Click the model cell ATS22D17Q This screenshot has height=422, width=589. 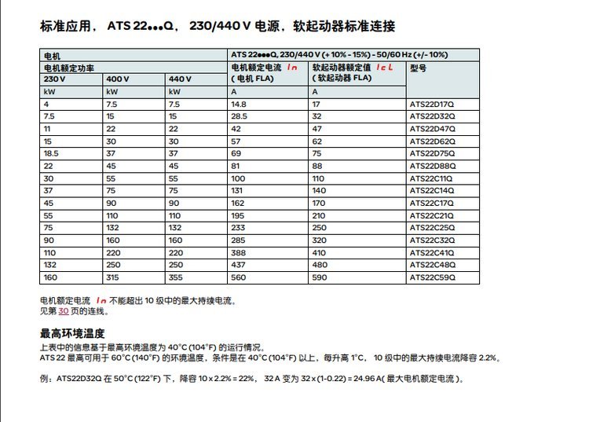click(x=433, y=104)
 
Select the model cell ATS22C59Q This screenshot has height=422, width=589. click(x=433, y=277)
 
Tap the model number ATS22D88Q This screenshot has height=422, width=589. click(x=433, y=166)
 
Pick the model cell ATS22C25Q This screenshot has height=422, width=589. click(x=433, y=228)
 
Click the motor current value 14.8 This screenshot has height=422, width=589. click(x=239, y=104)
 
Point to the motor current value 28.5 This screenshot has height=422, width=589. click(x=239, y=116)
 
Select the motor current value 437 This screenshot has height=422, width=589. click(x=237, y=265)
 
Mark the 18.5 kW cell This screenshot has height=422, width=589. click(x=52, y=153)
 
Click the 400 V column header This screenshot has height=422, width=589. click(x=118, y=79)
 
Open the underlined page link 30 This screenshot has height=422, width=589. click(x=64, y=311)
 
